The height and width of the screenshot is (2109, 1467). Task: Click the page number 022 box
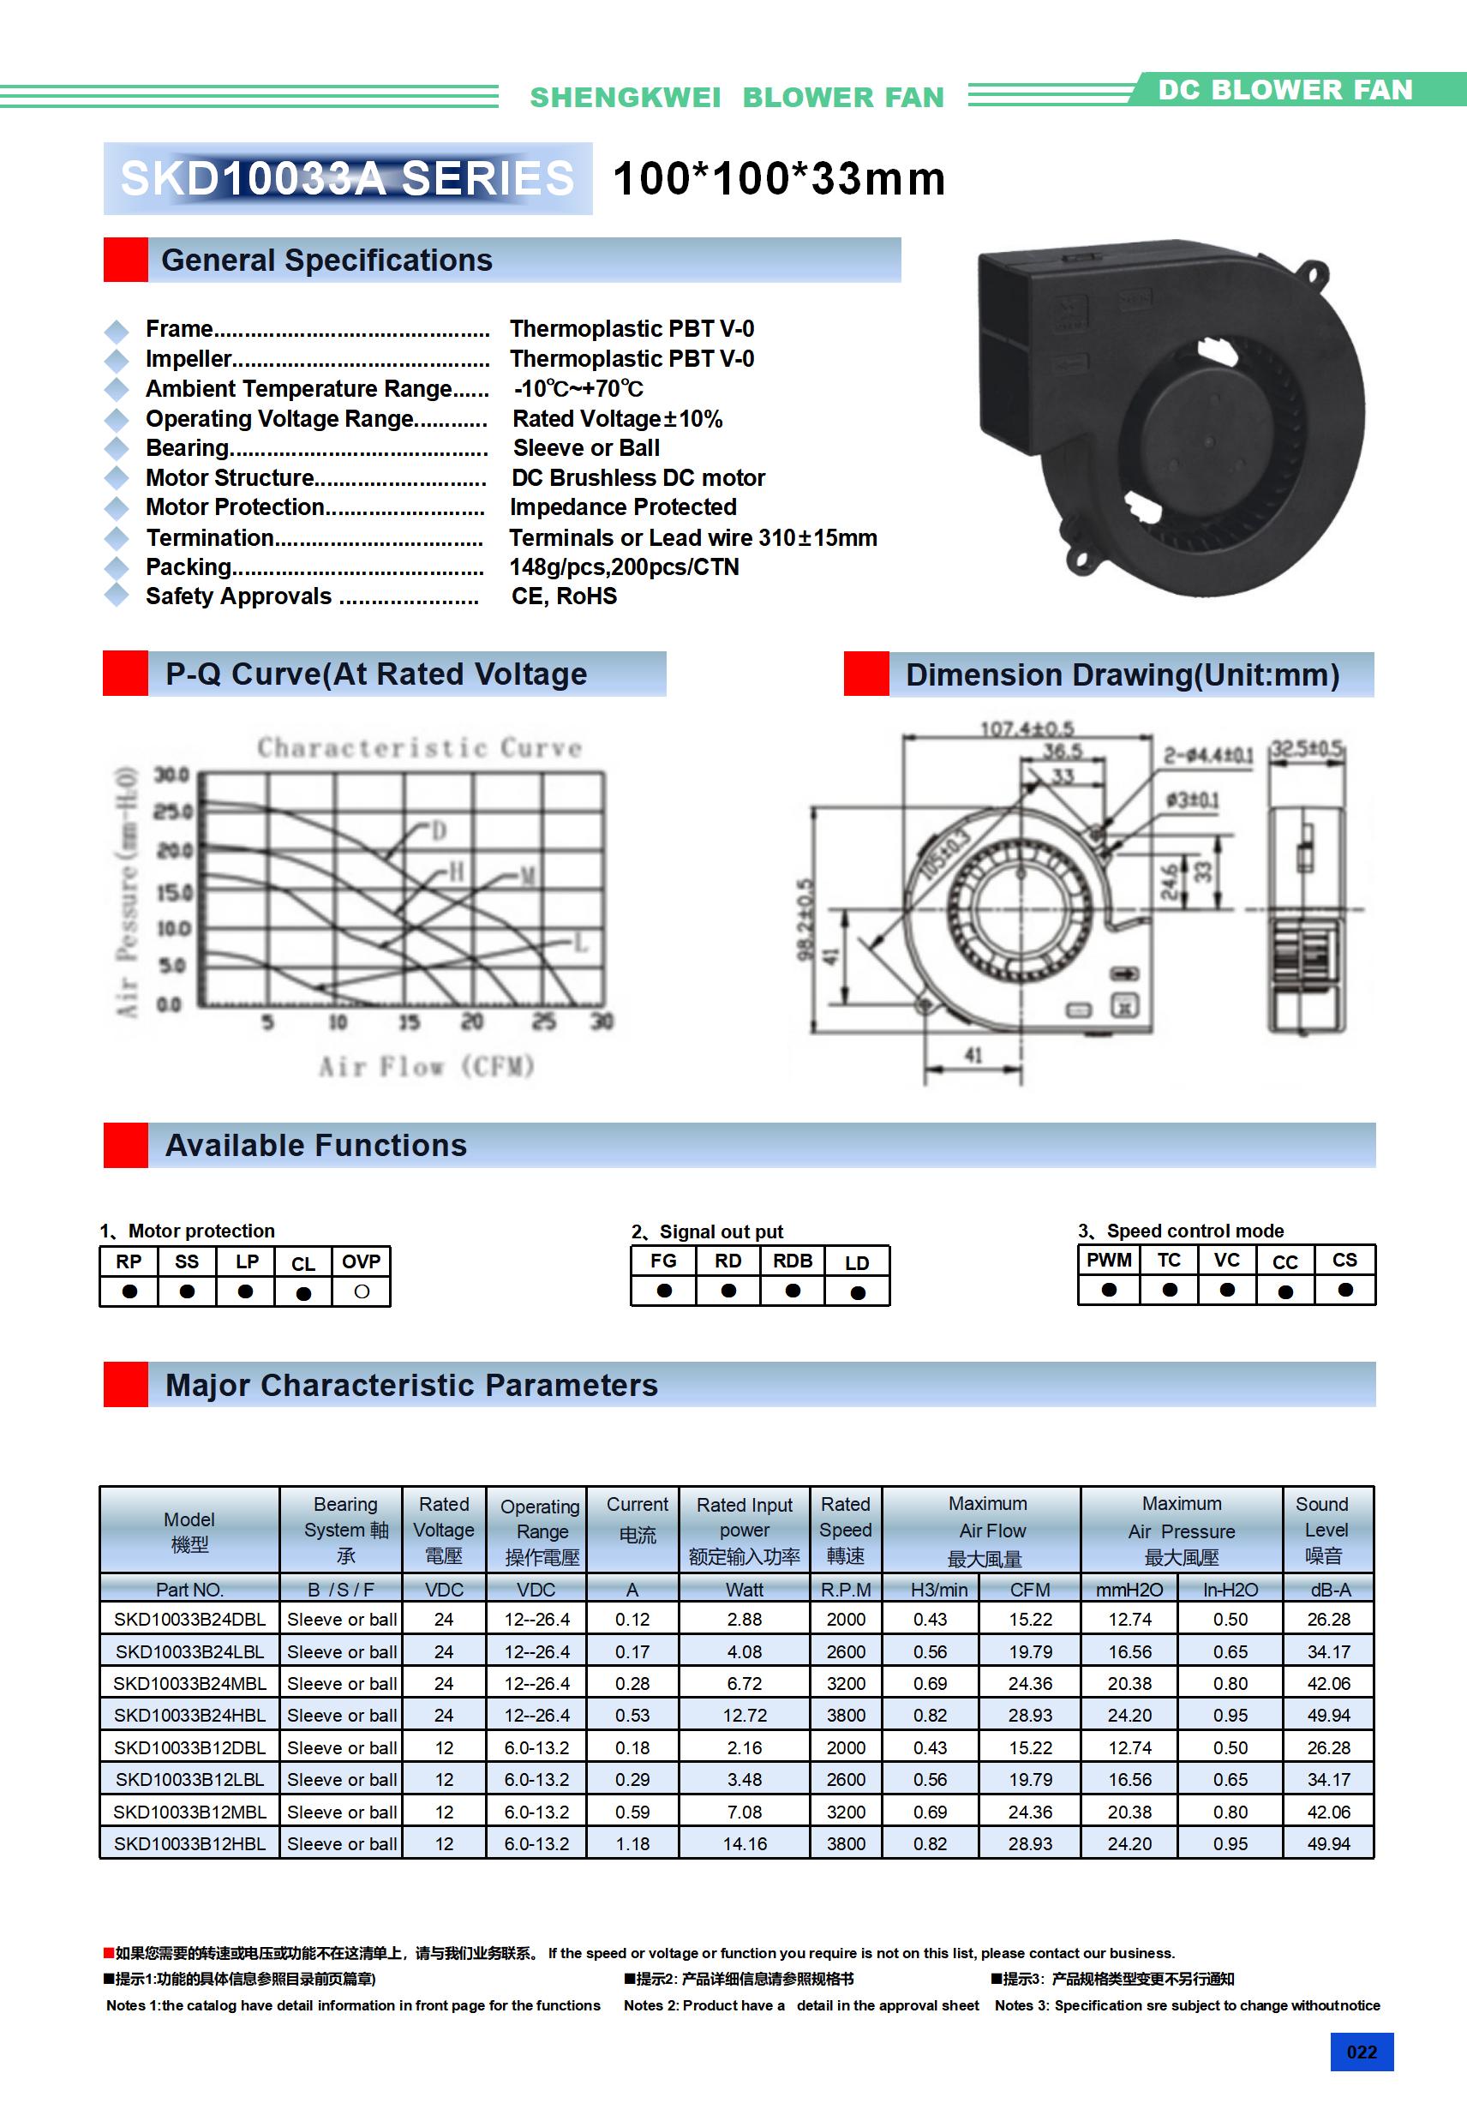(1362, 2051)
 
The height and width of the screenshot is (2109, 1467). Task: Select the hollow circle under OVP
(362, 1291)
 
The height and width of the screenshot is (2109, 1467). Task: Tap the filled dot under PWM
(1109, 1290)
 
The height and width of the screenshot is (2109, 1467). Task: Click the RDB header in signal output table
(792, 1261)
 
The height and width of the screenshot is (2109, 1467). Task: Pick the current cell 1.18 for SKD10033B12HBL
(632, 1843)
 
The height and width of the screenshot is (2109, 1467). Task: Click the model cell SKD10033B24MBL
(189, 1684)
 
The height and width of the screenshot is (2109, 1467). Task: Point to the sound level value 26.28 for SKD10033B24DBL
(1328, 1620)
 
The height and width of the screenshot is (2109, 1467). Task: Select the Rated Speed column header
(845, 1530)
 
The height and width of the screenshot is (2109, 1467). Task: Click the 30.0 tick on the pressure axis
(171, 776)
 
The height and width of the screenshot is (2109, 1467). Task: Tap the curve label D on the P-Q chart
(439, 831)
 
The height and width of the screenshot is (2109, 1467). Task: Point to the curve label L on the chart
(581, 944)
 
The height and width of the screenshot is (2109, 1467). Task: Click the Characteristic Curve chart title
(419, 747)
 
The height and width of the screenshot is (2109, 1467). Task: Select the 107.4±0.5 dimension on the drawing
(1027, 728)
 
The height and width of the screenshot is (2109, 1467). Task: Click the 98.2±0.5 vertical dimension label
(805, 920)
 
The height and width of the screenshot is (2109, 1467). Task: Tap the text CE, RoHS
(564, 596)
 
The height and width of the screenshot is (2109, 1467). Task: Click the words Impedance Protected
(623, 507)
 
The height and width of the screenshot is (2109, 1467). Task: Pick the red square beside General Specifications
(125, 260)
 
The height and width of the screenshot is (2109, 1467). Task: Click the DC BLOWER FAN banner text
(1284, 90)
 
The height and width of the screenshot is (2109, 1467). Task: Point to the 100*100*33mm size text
(779, 179)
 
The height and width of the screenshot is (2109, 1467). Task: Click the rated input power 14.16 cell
(744, 1843)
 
